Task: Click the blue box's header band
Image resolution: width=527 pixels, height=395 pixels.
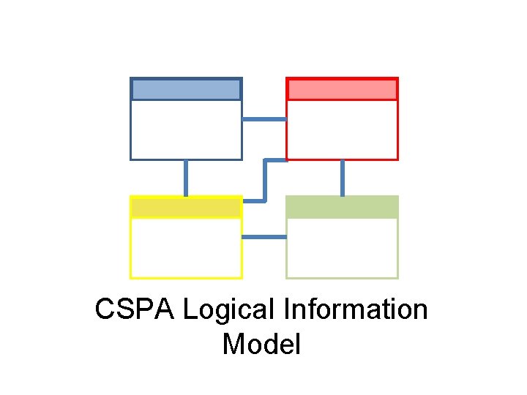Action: (186, 89)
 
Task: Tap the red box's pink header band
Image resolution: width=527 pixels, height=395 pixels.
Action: (342, 89)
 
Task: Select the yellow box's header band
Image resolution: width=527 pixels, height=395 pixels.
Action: (186, 208)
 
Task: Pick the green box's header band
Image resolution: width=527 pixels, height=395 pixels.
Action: (342, 207)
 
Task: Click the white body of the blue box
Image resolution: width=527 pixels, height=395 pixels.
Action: (186, 129)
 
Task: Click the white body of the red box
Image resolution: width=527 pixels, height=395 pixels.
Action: (342, 129)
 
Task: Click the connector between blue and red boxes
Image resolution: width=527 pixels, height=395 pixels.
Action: (263, 119)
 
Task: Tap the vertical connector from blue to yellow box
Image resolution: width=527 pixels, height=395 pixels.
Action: (186, 178)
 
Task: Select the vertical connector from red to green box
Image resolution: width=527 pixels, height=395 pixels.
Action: (342, 178)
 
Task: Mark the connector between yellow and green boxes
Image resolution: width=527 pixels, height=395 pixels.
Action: (263, 237)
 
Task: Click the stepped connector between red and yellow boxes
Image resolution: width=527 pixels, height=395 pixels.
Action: (265, 179)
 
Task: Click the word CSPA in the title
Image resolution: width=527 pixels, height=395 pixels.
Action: (135, 309)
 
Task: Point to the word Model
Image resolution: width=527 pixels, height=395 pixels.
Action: (261, 344)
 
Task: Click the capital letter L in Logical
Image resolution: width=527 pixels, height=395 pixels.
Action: (189, 309)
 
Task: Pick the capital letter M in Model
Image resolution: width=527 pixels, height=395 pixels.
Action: (233, 344)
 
